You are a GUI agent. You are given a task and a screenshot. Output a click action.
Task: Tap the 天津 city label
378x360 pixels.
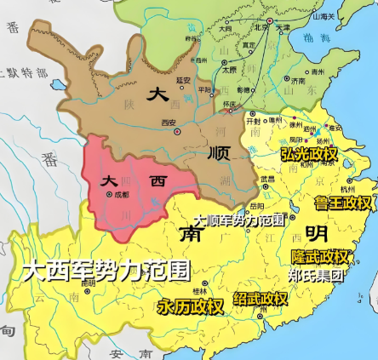coord(283,29)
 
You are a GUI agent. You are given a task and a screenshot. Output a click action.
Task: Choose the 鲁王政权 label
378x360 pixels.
coord(343,203)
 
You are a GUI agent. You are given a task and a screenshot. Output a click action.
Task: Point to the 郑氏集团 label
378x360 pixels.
coord(315,276)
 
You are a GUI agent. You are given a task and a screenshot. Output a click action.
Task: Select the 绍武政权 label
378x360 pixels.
coord(261,299)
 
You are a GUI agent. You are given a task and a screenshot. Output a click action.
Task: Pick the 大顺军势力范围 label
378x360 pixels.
coord(239,220)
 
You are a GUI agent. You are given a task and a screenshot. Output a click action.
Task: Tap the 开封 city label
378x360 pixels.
coord(254,122)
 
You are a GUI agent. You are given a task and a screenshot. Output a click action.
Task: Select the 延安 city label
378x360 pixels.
coord(181,80)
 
